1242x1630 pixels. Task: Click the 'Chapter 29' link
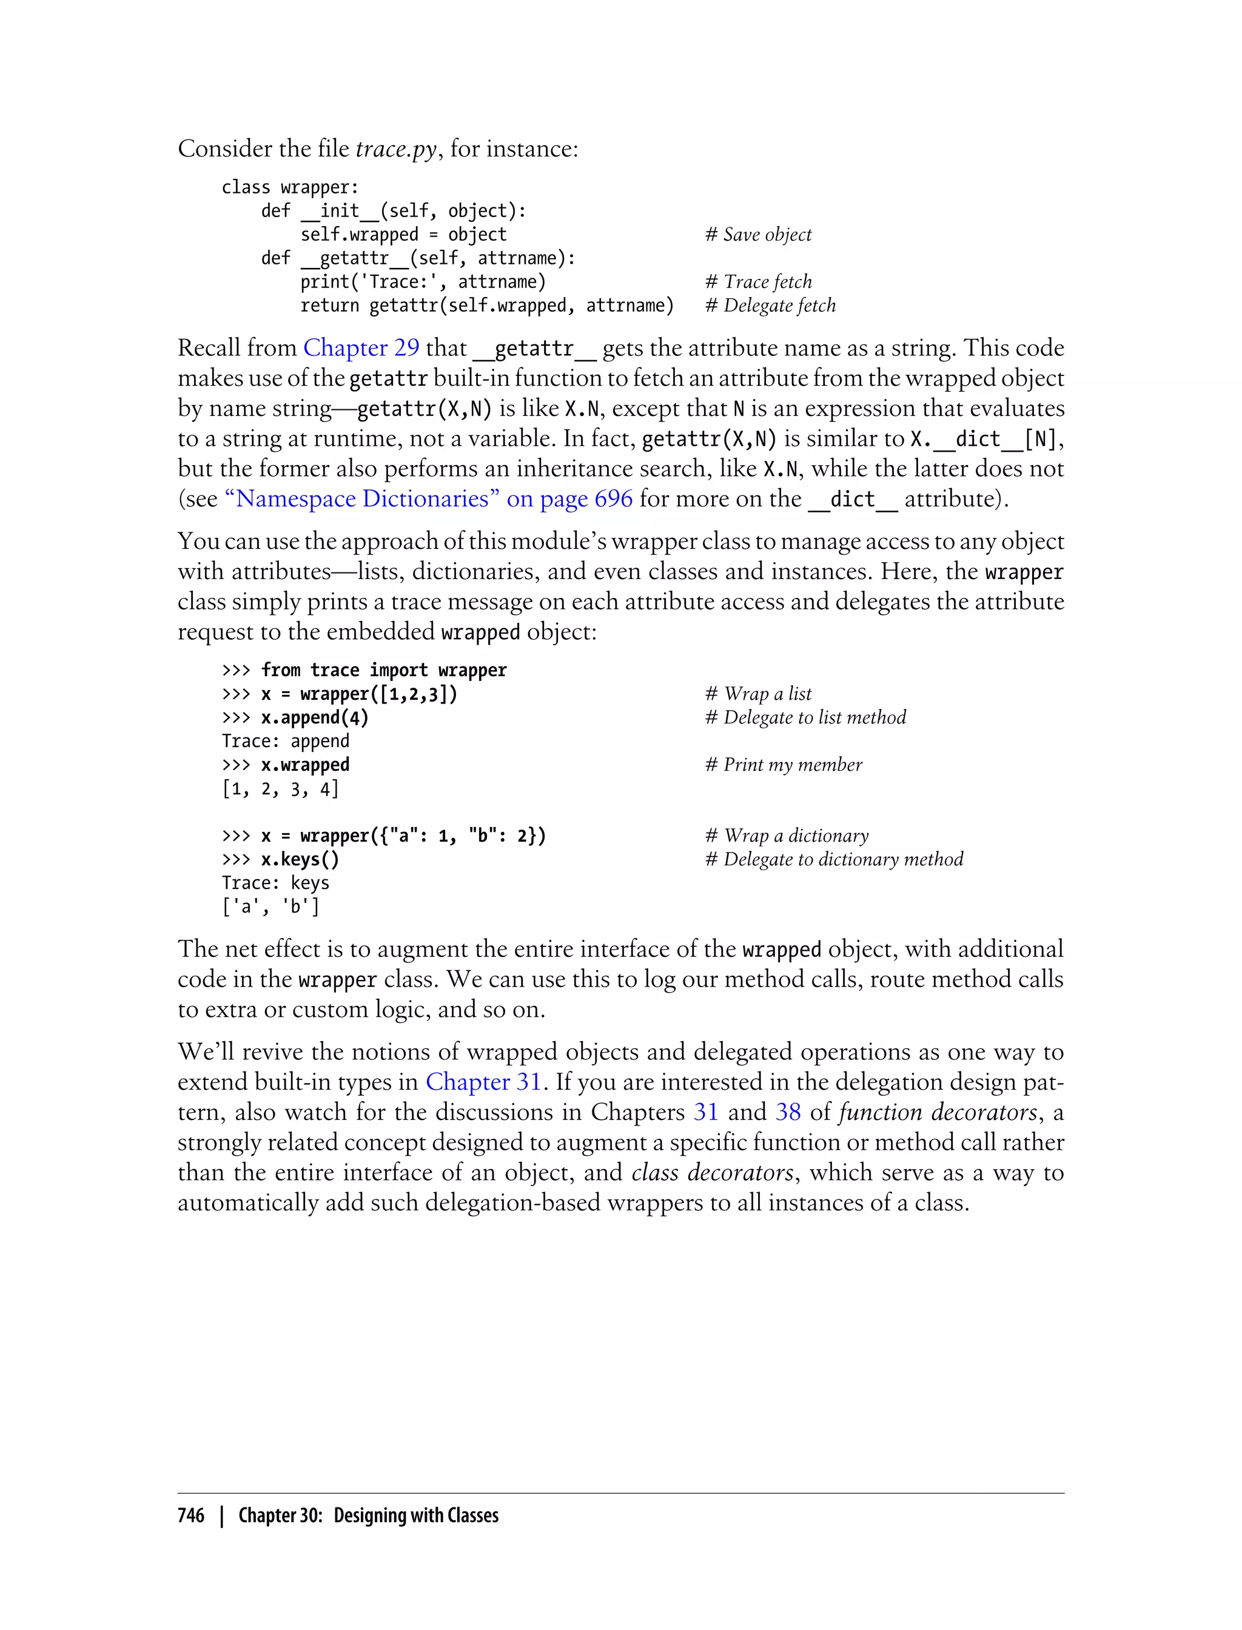click(x=361, y=347)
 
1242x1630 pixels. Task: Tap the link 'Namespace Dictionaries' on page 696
click(x=428, y=498)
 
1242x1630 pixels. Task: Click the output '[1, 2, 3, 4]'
click(x=280, y=789)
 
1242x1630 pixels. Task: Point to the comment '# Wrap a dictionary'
click(x=787, y=836)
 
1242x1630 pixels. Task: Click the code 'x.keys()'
click(x=300, y=859)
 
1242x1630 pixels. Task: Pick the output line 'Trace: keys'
click(x=275, y=883)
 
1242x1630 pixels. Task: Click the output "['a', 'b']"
click(x=270, y=907)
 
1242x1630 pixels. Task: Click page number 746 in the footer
click(x=191, y=1515)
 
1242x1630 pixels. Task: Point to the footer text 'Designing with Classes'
click(x=415, y=1515)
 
